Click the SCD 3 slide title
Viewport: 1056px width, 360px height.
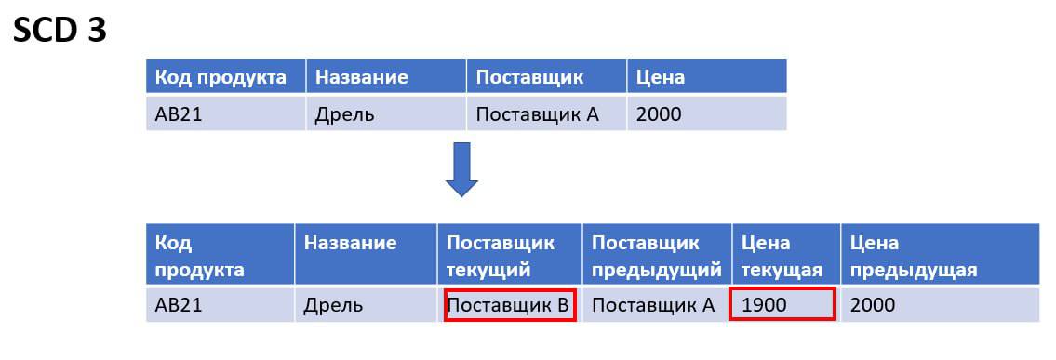pos(60,31)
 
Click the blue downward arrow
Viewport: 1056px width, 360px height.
pos(461,169)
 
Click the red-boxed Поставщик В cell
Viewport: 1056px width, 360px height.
pos(510,305)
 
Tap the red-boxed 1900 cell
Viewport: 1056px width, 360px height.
pos(782,304)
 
